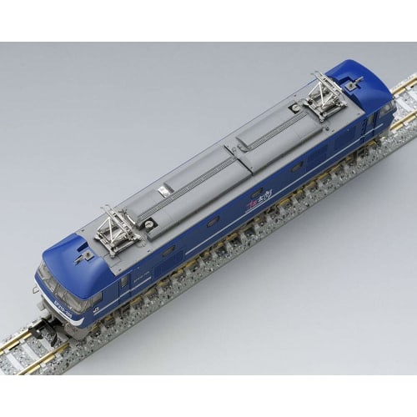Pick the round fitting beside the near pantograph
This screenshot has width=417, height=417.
[x=149, y=223]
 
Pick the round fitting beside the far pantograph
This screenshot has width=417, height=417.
[x=294, y=107]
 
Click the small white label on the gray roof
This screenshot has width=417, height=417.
[x=163, y=192]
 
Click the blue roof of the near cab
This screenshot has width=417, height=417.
[x=71, y=263]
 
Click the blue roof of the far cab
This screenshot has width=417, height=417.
[x=367, y=79]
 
